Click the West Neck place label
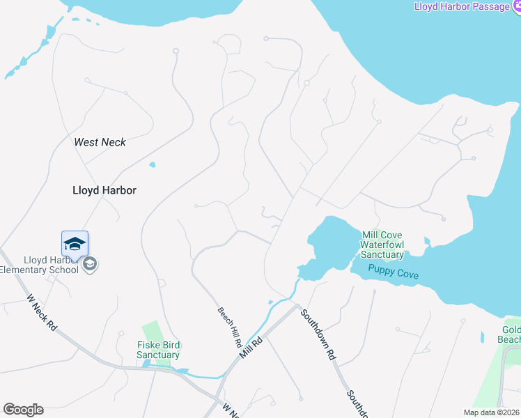point(100,142)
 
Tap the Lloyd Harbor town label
point(104,189)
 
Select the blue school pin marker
point(75,245)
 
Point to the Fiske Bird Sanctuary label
point(158,350)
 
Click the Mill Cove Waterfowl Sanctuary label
point(382,245)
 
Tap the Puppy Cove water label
point(394,274)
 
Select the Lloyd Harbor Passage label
point(462,6)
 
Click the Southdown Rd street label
point(318,334)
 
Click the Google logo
point(23,410)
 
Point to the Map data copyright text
point(492,412)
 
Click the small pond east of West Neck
point(152,165)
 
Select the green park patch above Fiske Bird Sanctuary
point(152,330)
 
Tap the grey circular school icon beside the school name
point(89,264)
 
